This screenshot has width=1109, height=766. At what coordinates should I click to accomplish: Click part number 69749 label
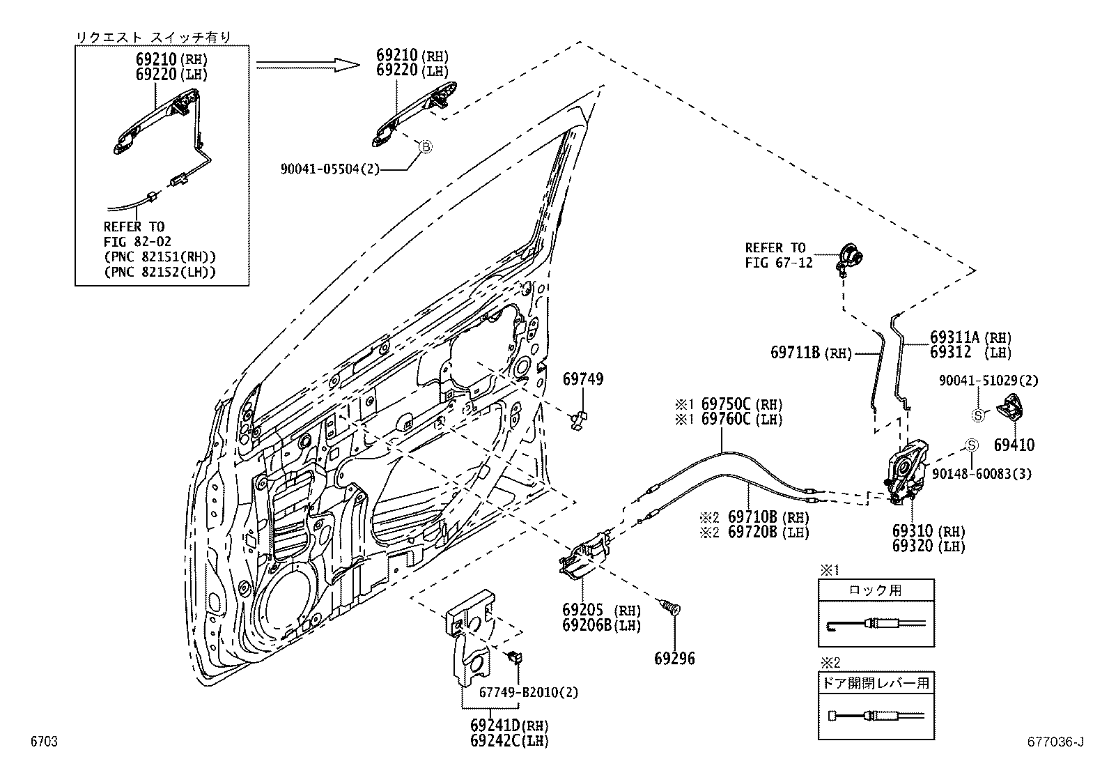[x=582, y=379]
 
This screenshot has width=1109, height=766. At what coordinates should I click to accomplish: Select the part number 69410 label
[x=1014, y=445]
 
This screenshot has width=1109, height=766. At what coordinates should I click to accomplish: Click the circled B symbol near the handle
[x=424, y=146]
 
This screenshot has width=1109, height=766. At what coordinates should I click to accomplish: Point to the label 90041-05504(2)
[x=330, y=169]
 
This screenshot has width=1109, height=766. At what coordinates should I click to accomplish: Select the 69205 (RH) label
[x=601, y=610]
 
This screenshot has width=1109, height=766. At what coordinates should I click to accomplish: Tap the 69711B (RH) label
[x=811, y=353]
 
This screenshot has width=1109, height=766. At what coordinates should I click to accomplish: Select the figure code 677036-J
[x=1057, y=742]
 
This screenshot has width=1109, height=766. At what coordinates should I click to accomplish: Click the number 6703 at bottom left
[x=43, y=742]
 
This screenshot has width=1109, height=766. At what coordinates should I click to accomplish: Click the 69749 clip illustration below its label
[x=579, y=419]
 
